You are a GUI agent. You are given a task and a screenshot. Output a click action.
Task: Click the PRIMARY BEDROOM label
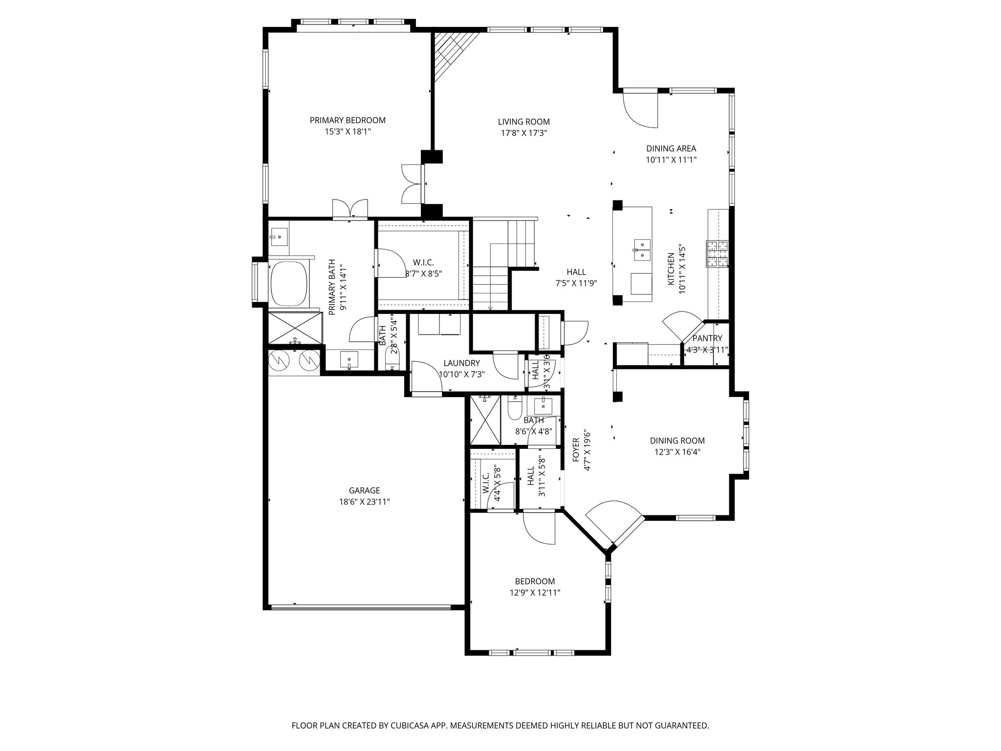pos(348,120)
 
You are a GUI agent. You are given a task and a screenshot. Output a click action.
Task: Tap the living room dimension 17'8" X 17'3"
pos(523,133)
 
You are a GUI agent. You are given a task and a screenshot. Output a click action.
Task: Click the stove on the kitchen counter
pos(717,254)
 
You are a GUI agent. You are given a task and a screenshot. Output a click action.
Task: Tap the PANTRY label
pos(707,338)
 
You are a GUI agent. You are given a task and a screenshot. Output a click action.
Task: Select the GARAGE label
pos(364,490)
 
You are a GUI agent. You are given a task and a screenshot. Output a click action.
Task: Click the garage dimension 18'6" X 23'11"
pos(364,502)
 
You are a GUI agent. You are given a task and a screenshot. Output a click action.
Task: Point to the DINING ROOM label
pos(677,441)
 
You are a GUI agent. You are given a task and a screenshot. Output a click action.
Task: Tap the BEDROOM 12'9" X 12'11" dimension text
pos(535,593)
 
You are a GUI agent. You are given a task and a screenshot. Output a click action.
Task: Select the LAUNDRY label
pos(461,363)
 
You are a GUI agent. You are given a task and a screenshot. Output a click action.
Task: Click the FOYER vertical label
pos(576,450)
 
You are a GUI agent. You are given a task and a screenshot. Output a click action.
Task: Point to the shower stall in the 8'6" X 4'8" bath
pos(485,420)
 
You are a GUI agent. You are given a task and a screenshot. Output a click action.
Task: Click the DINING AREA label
pos(671,149)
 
